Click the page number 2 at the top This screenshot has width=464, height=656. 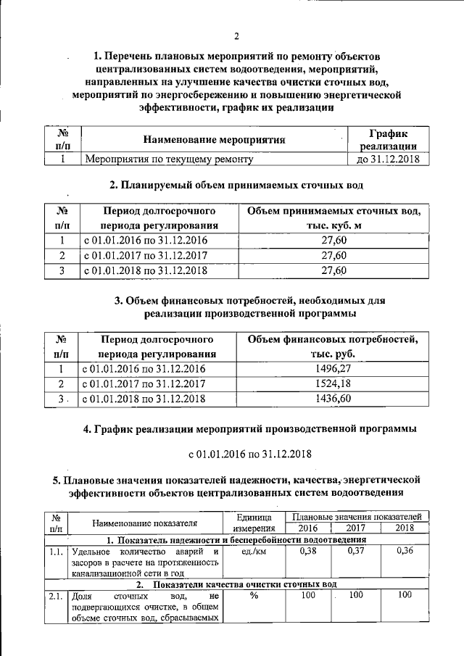236,38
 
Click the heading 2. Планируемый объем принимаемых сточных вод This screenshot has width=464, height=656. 236,186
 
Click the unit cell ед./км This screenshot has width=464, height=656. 254,551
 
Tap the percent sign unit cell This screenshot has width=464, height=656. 254,595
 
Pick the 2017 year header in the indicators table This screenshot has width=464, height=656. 357,528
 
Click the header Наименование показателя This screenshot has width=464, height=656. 145,523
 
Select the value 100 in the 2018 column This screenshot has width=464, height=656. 405,595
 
